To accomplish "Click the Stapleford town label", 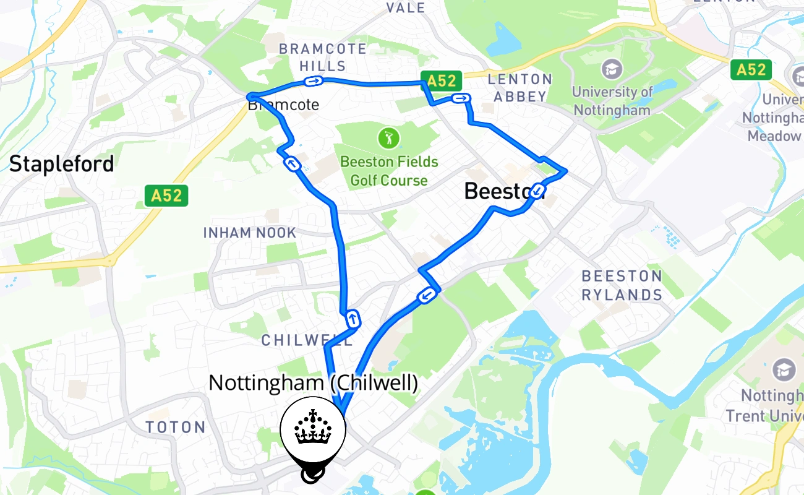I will (61, 165).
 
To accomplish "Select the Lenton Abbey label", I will (520, 87).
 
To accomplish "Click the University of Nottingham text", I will (612, 101).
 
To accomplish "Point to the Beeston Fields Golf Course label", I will (389, 171).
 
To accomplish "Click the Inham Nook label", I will (250, 233).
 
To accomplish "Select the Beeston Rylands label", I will (622, 285).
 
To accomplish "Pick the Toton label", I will (176, 427).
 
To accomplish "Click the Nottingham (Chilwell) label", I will (313, 383).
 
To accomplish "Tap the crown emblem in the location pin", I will (313, 427).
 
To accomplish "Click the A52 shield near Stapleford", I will (166, 196).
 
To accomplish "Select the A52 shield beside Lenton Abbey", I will (442, 80).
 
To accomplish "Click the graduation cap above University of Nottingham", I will (612, 69).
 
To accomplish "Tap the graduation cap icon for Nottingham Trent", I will (784, 370).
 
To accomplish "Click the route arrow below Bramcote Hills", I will (314, 80).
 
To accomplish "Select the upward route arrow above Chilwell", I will (352, 319).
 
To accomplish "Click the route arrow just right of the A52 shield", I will (461, 98).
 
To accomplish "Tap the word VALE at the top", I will (406, 7).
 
